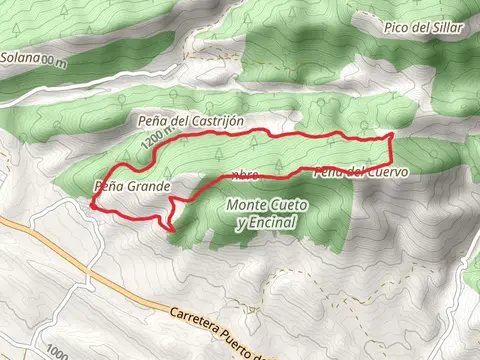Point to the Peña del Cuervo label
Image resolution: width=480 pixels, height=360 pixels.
pos(363,172)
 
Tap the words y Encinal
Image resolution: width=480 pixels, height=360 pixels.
pos(268,223)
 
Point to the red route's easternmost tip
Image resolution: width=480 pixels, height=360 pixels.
pos(392,134)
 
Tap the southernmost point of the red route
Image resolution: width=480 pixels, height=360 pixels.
pos(174,231)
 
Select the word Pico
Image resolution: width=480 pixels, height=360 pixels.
pos(398,28)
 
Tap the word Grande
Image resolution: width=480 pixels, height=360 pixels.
pos(149,186)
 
